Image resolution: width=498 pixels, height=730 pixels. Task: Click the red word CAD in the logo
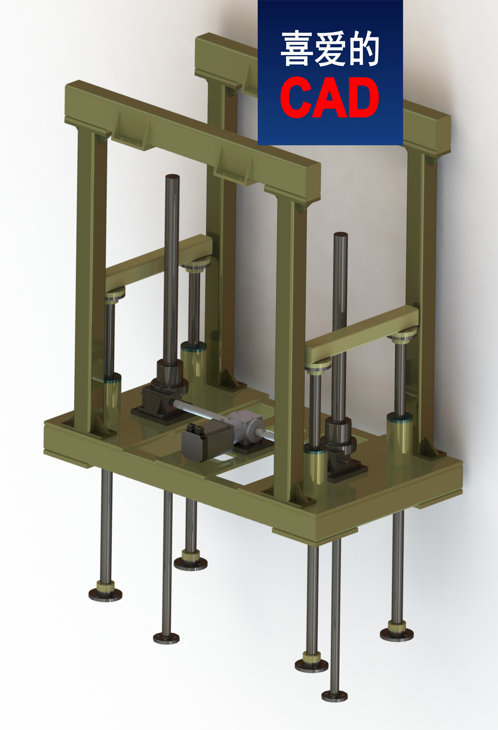[330, 97]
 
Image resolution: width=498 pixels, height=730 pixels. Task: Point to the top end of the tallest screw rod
[172, 178]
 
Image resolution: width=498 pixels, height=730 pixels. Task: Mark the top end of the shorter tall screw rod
[340, 236]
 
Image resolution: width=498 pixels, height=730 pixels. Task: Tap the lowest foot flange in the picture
[335, 695]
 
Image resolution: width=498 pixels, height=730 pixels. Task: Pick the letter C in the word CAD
[296, 97]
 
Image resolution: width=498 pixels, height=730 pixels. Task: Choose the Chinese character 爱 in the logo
[330, 49]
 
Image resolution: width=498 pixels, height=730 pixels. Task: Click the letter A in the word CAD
[330, 97]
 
